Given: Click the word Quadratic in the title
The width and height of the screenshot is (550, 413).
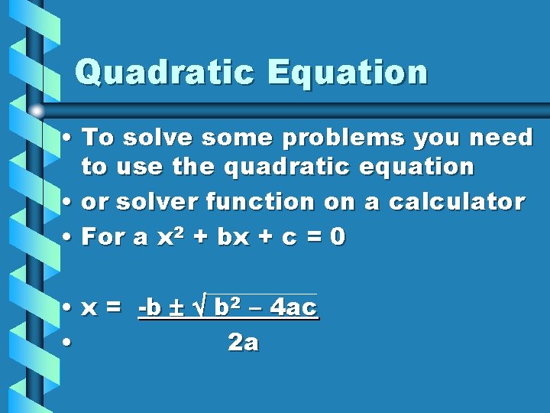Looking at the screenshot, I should [165, 73].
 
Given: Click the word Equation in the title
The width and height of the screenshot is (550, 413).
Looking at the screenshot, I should [347, 73].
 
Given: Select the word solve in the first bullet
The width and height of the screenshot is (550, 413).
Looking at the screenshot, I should [154, 138].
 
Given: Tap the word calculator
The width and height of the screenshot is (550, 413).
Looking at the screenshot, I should [456, 203].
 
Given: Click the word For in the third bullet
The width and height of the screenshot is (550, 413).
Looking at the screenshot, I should [104, 237].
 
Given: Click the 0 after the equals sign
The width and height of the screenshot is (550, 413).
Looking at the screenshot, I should [338, 237].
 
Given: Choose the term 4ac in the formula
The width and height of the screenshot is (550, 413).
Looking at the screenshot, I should [294, 308].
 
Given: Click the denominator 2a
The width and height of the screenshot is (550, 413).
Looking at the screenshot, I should [244, 343].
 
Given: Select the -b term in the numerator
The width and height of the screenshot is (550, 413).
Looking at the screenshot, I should [150, 308].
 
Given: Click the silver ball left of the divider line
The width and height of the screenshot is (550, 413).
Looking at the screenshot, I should [36, 111].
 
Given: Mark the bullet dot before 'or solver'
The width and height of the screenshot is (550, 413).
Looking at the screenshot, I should [68, 203].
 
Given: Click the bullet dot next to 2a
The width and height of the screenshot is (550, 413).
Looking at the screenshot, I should [68, 343].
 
